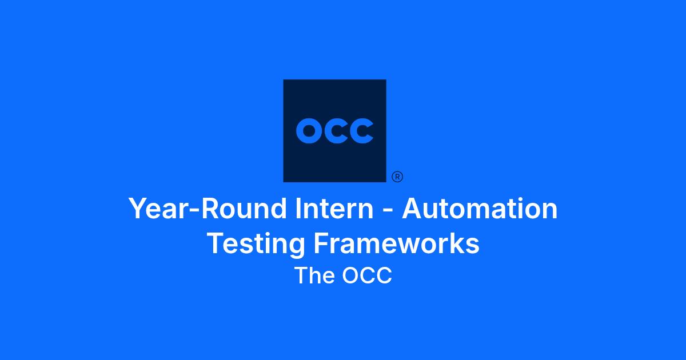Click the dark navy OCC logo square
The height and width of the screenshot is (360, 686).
tap(334, 131)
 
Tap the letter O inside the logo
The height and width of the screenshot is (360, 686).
tap(309, 131)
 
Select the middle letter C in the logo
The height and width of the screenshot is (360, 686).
tap(336, 131)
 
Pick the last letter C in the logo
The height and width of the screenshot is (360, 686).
tap(362, 131)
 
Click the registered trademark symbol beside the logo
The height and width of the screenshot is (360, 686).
tap(397, 177)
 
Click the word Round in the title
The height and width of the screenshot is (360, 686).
tap(244, 208)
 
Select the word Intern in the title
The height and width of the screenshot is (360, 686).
tap(334, 208)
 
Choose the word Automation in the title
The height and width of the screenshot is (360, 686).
tap(480, 208)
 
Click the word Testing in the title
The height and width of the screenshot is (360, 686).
tap(256, 244)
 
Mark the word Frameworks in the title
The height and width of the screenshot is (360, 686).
tap(397, 243)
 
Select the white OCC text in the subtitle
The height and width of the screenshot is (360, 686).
tap(367, 275)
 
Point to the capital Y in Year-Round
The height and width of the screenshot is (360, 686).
tap(139, 209)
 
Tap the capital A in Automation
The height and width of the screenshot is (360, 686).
tap(413, 209)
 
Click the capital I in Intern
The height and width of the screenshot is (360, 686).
tap(298, 209)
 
